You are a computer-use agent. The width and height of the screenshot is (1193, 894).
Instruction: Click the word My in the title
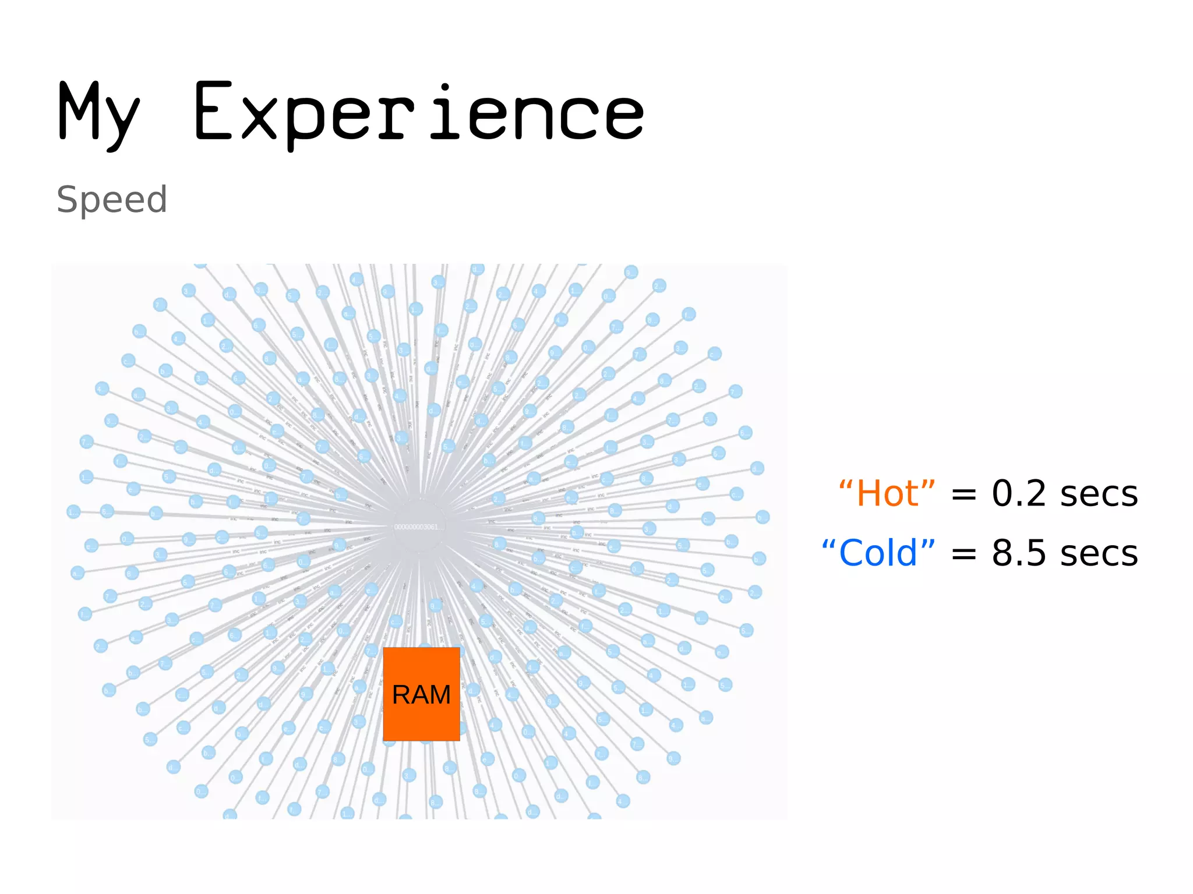tap(99, 114)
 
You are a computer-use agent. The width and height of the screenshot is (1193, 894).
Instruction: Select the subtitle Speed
tap(112, 200)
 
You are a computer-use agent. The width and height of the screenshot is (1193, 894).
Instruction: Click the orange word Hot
tap(887, 494)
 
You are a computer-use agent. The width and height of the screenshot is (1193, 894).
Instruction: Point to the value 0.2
tap(1019, 494)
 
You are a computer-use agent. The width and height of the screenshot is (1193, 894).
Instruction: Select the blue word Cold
tap(878, 553)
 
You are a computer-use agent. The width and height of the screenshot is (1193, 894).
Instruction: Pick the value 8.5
tap(1019, 553)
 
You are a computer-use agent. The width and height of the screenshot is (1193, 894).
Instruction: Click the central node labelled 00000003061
tap(419, 526)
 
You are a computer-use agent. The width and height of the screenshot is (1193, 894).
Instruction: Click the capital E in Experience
tap(214, 112)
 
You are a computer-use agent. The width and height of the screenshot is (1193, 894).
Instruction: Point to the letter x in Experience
tap(259, 119)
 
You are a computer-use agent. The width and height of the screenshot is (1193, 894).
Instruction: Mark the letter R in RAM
tap(402, 695)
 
